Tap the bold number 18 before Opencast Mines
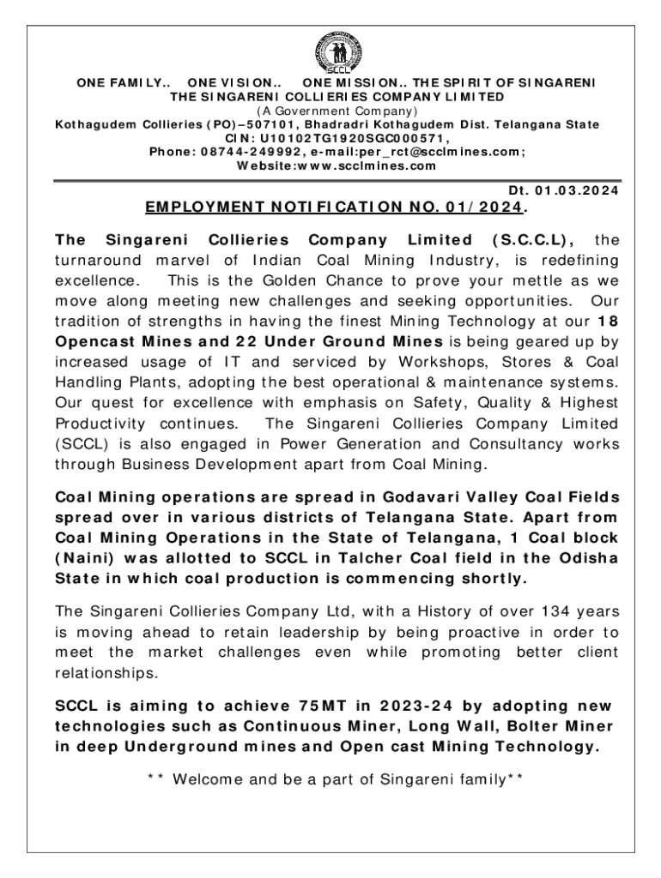pyautogui.click(x=607, y=321)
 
